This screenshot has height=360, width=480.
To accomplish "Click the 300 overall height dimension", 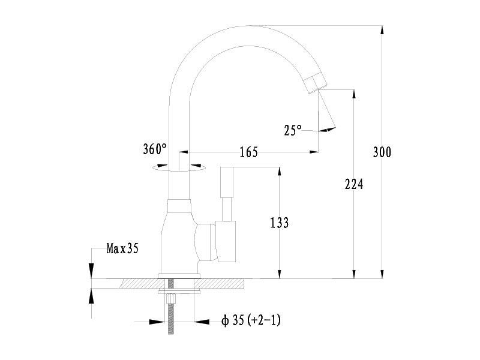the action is pos(382,152).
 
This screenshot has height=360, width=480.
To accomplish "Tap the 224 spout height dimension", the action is pos(354,184).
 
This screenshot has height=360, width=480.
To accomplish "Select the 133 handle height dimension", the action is pos(279,223).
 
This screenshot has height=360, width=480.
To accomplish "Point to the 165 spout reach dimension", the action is pos(248,152).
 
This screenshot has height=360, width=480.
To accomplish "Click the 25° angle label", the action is pos(293,130).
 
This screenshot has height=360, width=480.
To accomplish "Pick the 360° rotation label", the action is pos(155,149).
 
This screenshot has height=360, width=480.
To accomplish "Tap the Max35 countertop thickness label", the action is pos(122,248).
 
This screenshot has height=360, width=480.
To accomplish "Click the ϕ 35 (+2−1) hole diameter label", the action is pos(251,320).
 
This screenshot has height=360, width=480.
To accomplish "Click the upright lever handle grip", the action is pos(227,182).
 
